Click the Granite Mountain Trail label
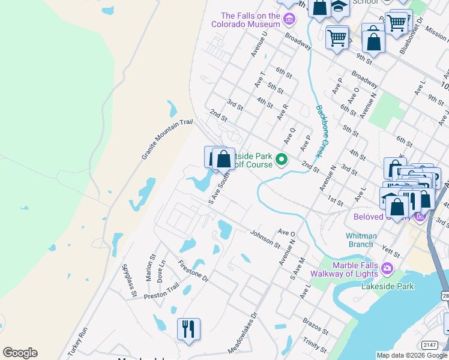pyautogui.click(x=167, y=139)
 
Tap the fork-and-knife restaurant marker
pyautogui.click(x=188, y=329)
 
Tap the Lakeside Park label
pyautogui.click(x=388, y=286)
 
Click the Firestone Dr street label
pyautogui.click(x=193, y=271)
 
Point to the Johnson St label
pyautogui.click(x=265, y=239)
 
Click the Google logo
pyautogui.click(x=20, y=352)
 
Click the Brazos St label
pyautogui.click(x=316, y=326)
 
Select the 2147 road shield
pyautogui.click(x=429, y=344)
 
